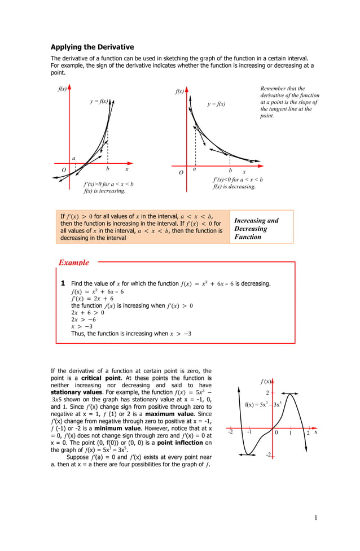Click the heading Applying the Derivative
tap(92, 47)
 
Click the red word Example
tap(74, 263)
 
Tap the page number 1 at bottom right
tap(317, 518)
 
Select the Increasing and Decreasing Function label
tap(256, 229)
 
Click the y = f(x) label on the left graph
tap(99, 101)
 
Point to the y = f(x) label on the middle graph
tap(216, 104)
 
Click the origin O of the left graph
tap(64, 169)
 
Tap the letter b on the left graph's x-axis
tap(107, 169)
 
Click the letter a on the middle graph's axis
tap(194, 169)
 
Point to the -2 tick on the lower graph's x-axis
tap(230, 432)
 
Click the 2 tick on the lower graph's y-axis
tap(268, 392)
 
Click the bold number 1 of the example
tap(63, 283)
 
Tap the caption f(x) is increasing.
tap(104, 191)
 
